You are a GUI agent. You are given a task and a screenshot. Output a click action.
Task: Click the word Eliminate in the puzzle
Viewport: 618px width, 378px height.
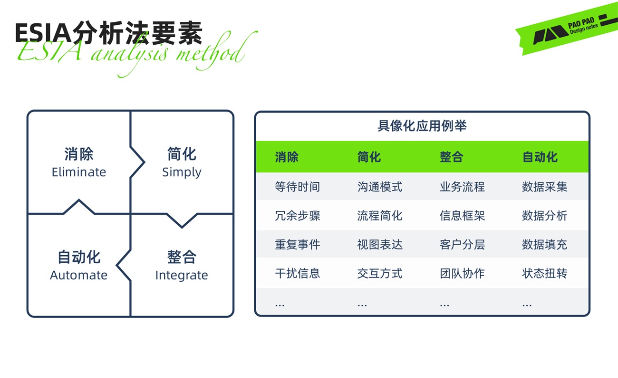click(x=79, y=172)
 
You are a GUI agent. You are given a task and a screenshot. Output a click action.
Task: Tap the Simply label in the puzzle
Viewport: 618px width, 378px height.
click(x=182, y=172)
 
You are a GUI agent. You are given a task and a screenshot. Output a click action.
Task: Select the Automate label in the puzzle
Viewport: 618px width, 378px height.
click(x=78, y=275)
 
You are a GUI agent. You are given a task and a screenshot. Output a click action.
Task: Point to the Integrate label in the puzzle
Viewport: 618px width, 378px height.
click(x=182, y=275)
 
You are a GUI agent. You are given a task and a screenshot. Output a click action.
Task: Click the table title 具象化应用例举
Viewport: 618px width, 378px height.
click(x=422, y=126)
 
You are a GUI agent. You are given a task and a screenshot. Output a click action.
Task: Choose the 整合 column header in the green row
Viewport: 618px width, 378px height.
click(x=451, y=157)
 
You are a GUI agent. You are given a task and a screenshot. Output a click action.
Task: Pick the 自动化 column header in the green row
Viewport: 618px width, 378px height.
click(x=540, y=157)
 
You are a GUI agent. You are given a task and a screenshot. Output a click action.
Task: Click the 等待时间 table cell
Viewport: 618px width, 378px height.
click(x=297, y=187)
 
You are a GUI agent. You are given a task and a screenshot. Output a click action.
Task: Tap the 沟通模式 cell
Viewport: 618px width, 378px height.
click(x=379, y=187)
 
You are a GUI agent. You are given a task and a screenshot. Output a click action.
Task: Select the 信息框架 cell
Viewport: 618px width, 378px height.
click(x=462, y=216)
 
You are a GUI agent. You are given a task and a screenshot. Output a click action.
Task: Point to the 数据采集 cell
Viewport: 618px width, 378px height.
click(x=544, y=187)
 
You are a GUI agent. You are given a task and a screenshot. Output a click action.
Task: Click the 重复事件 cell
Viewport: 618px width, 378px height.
click(x=297, y=245)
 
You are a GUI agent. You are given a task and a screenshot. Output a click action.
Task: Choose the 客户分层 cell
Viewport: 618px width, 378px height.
click(x=462, y=245)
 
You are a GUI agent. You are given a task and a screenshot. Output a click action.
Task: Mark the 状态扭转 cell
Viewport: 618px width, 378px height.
click(x=544, y=274)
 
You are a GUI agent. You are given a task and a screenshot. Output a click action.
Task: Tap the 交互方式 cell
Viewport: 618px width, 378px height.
click(x=379, y=274)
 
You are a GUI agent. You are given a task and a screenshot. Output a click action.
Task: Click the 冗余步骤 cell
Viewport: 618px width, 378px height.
click(x=297, y=216)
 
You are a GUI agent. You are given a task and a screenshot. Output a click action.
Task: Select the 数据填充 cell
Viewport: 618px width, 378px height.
click(x=544, y=245)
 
